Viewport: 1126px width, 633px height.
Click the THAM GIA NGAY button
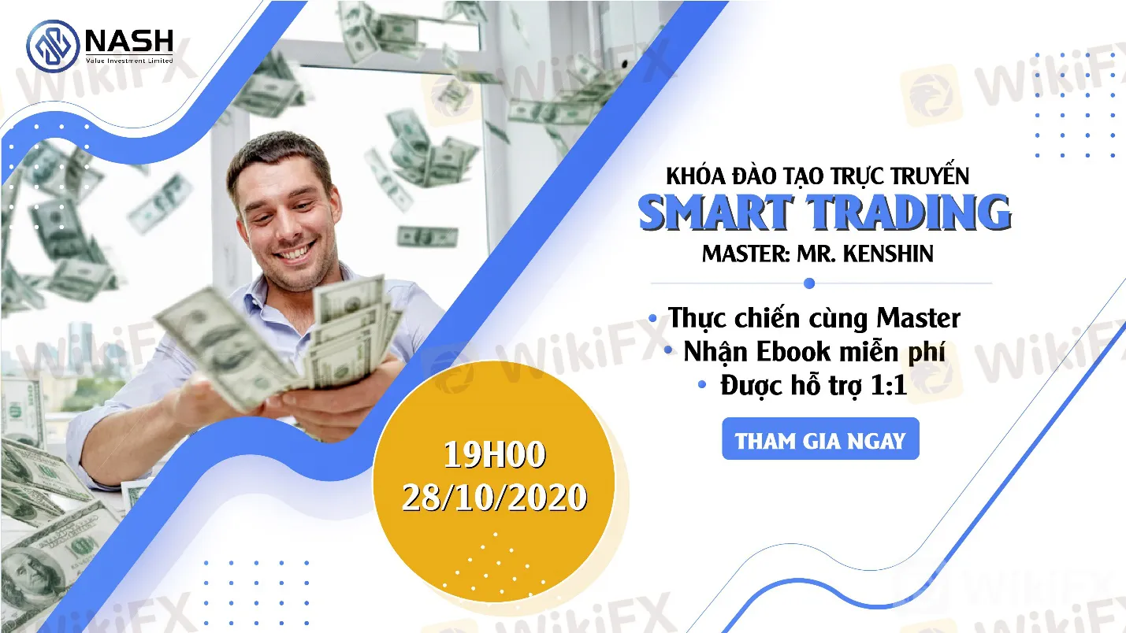tap(820, 439)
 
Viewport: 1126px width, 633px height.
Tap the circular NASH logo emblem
tap(53, 46)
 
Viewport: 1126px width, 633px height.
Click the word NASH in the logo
tap(130, 41)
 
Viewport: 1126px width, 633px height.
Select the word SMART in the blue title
tap(715, 213)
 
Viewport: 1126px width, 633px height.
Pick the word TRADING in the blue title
tap(909, 213)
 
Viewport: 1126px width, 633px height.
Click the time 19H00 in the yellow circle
tap(495, 454)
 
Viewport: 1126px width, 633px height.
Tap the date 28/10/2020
tap(495, 498)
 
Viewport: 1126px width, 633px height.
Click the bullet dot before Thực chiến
tap(652, 318)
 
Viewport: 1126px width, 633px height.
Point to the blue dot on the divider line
tap(809, 283)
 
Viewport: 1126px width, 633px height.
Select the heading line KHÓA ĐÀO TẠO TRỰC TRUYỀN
tap(817, 176)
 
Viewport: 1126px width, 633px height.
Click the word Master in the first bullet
tap(919, 318)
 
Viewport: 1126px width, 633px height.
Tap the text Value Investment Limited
tap(129, 61)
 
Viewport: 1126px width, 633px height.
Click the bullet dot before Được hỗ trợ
tap(702, 385)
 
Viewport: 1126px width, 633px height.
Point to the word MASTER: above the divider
tap(746, 254)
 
